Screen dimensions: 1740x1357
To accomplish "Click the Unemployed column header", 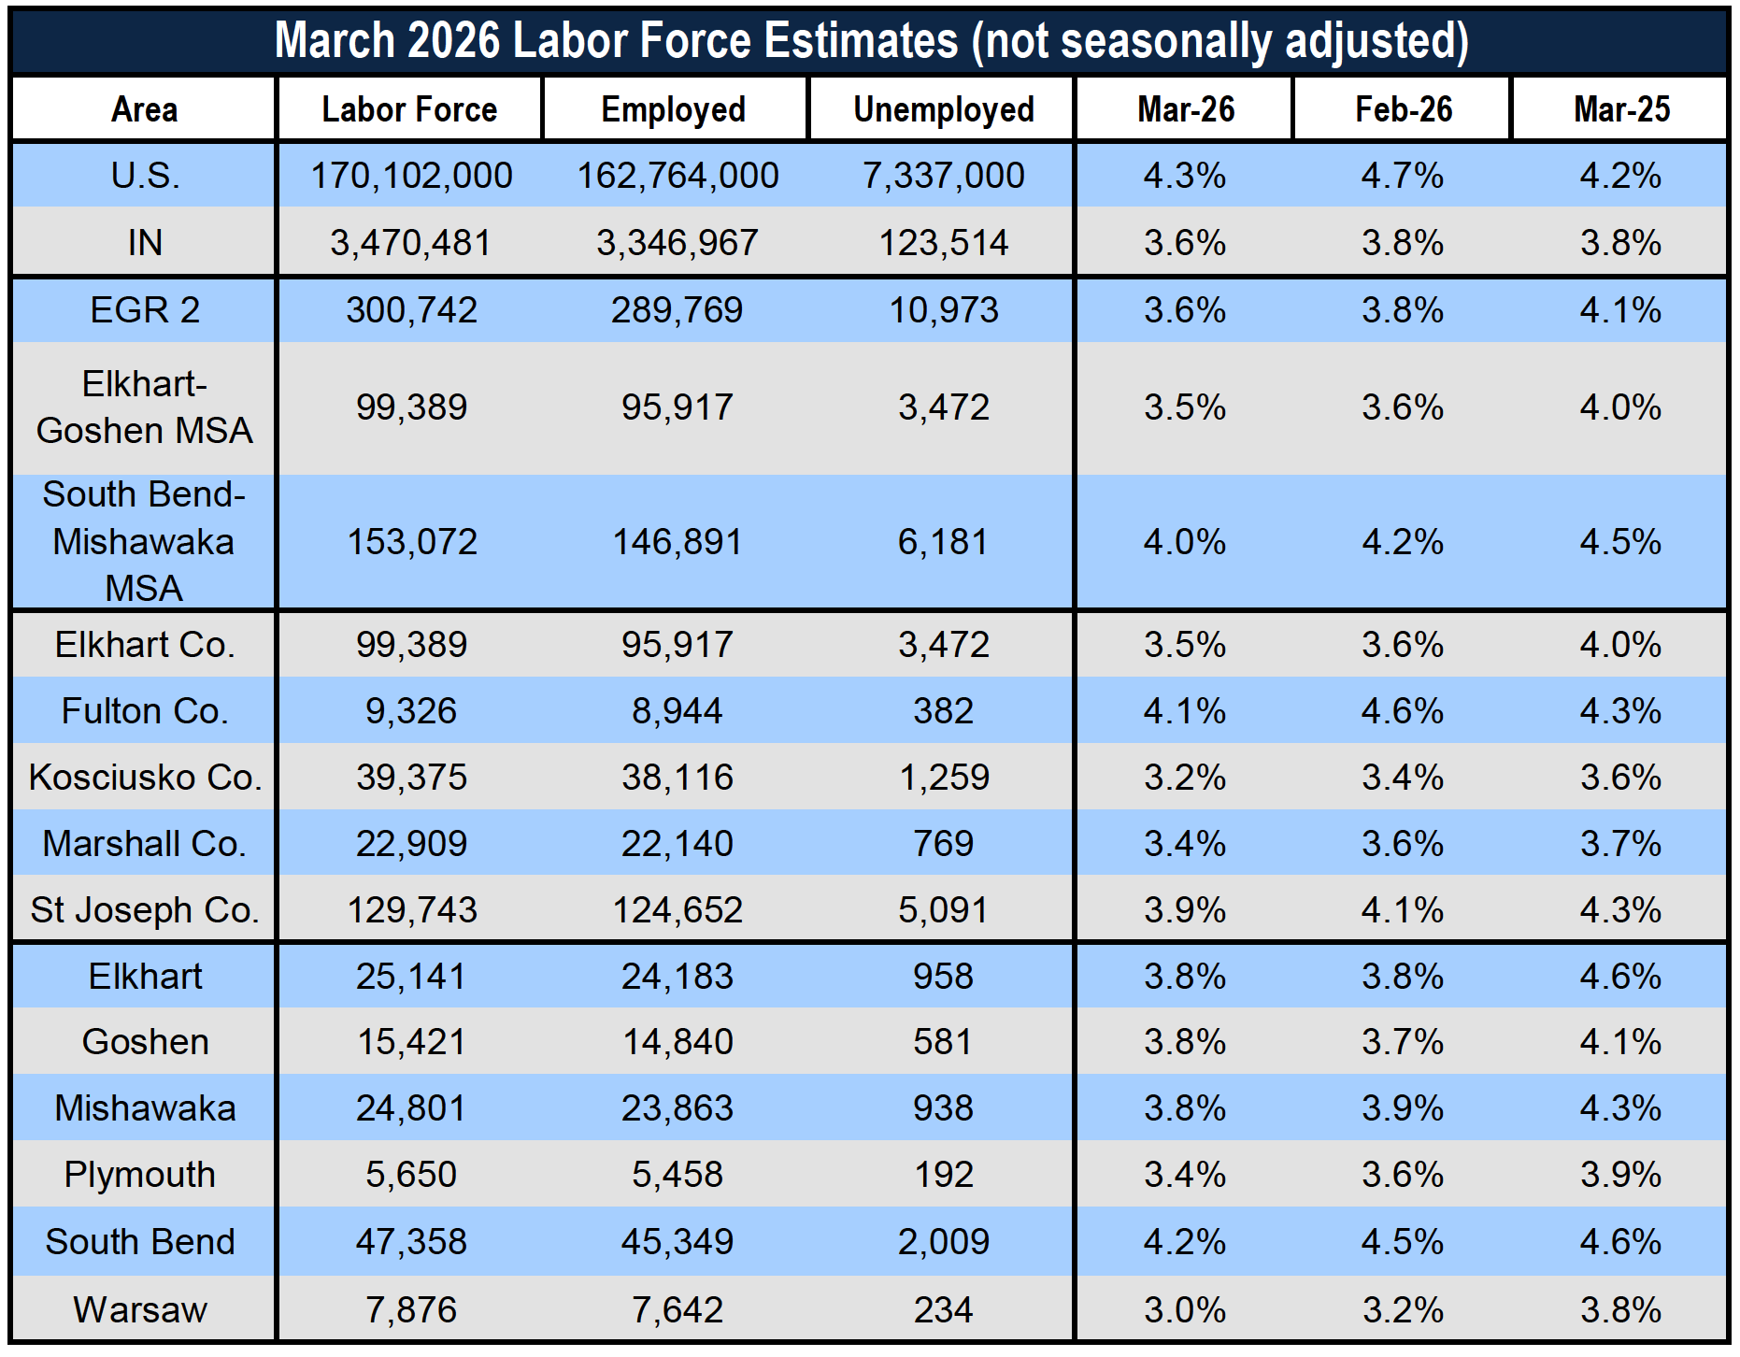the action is pos(944,109).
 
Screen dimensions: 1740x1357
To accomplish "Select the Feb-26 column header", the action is pos(1404,109).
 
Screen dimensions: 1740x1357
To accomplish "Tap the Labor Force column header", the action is pos(409,109).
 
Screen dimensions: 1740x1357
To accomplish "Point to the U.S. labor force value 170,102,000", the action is pos(411,176).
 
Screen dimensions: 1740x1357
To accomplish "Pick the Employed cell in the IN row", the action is pos(677,243).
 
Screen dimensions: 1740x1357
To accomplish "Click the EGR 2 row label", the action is pos(145,310).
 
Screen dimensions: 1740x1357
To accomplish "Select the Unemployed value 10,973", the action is pos(944,310).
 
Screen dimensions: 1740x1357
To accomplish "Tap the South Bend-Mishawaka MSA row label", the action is pos(144,541).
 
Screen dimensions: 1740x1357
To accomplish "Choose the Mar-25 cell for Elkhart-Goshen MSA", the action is pos(1620,407).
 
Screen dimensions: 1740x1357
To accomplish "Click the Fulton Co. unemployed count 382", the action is pos(944,711).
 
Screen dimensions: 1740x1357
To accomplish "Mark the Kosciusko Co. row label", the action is pos(145,778).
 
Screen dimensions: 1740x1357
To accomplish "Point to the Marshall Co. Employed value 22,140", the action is pos(677,844).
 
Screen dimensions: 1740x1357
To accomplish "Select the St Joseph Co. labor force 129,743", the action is pos(412,910).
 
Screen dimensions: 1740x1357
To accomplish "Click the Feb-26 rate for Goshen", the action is pos(1403,1042).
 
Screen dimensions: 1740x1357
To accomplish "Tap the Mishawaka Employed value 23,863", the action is pos(677,1108).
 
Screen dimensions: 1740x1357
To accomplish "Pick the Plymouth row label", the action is pos(140,1175).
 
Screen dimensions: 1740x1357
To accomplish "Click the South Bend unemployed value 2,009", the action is pos(944,1242).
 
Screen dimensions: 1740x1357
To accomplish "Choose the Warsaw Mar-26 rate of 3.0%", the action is pos(1185,1310).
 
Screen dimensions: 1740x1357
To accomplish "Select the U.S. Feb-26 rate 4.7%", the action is pos(1403,176).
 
